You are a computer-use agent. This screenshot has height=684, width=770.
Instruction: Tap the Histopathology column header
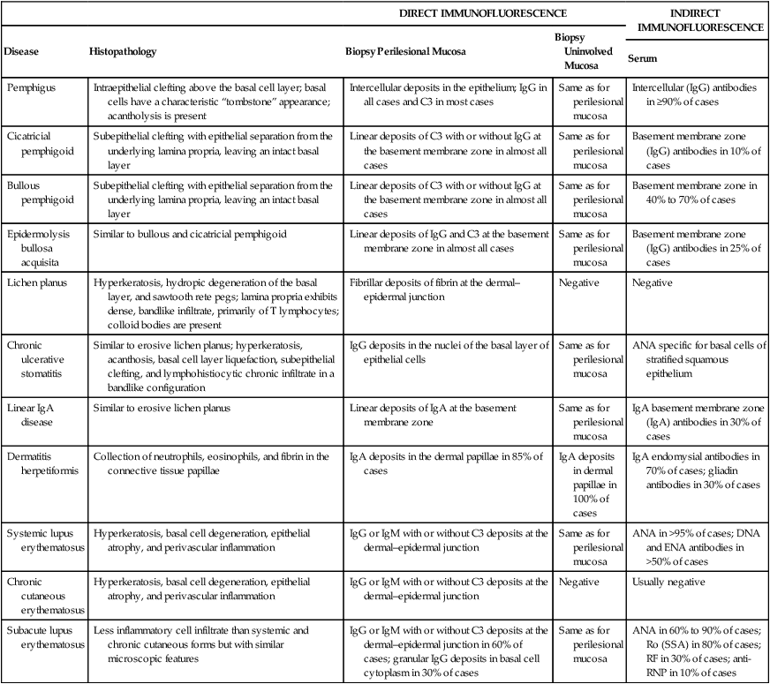(123, 51)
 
